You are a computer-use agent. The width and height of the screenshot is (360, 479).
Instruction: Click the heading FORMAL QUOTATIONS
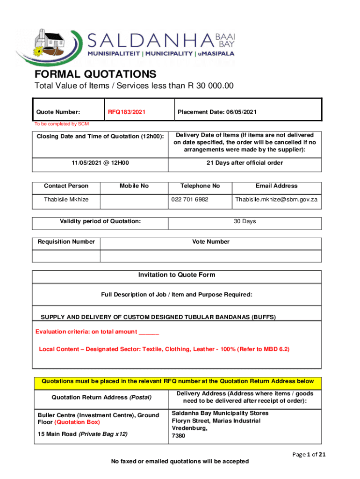(95, 74)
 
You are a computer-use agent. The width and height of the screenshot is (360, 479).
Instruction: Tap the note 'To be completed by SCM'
(61, 124)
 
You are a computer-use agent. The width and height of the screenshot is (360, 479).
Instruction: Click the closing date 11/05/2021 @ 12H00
(101, 163)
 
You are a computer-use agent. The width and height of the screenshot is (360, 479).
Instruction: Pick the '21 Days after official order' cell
(245, 163)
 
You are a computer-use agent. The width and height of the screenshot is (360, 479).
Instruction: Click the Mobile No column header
(134, 186)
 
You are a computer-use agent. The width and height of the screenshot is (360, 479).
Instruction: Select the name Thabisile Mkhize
(66, 199)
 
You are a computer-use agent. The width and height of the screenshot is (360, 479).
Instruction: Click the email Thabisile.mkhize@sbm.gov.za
(276, 199)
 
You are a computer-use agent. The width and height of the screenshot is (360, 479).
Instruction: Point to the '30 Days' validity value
(245, 221)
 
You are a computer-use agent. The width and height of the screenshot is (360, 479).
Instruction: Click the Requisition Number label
(66, 242)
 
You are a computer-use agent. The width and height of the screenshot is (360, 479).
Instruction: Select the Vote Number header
(211, 242)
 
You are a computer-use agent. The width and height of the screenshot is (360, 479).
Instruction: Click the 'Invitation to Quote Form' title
(177, 275)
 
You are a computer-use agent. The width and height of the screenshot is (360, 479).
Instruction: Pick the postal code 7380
(179, 436)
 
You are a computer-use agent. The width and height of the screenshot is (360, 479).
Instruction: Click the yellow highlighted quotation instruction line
(178, 382)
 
